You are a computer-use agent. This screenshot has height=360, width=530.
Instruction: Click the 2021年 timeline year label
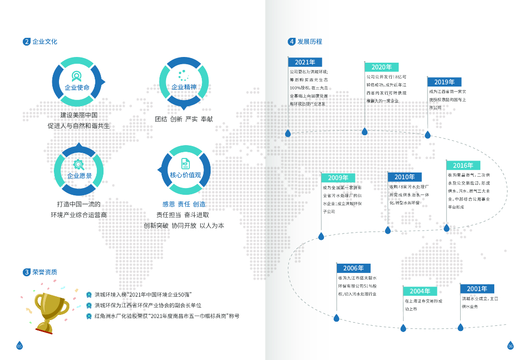pos(305,62)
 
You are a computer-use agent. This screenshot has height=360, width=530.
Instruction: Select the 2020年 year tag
pos(381,67)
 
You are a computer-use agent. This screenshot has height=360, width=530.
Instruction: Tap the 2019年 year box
pos(444,82)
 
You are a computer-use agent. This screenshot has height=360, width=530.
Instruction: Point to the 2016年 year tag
pos(463,165)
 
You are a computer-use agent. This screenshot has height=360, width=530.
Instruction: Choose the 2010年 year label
pos(405,177)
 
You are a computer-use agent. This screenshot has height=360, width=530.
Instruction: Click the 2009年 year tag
pos(338,178)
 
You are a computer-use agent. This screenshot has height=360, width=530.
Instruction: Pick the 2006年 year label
pos(354,268)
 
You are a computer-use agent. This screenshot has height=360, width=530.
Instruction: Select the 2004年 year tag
pos(420,291)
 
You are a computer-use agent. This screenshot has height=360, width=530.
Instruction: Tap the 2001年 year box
pos(477,289)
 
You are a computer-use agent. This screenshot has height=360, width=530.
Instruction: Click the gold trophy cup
pos(51,311)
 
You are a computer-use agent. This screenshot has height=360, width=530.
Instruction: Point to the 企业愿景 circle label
pos(79,176)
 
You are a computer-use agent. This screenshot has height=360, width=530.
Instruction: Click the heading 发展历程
pos(310,42)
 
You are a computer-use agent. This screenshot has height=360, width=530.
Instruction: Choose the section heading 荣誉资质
pos(45,272)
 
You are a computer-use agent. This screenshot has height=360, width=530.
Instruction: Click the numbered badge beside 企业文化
pos(26,42)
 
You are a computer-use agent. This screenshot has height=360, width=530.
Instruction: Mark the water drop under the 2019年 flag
pos(428,135)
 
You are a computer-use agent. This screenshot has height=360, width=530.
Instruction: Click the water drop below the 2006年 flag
pos(336,318)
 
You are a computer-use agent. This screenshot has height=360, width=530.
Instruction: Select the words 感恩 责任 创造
pos(184,204)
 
